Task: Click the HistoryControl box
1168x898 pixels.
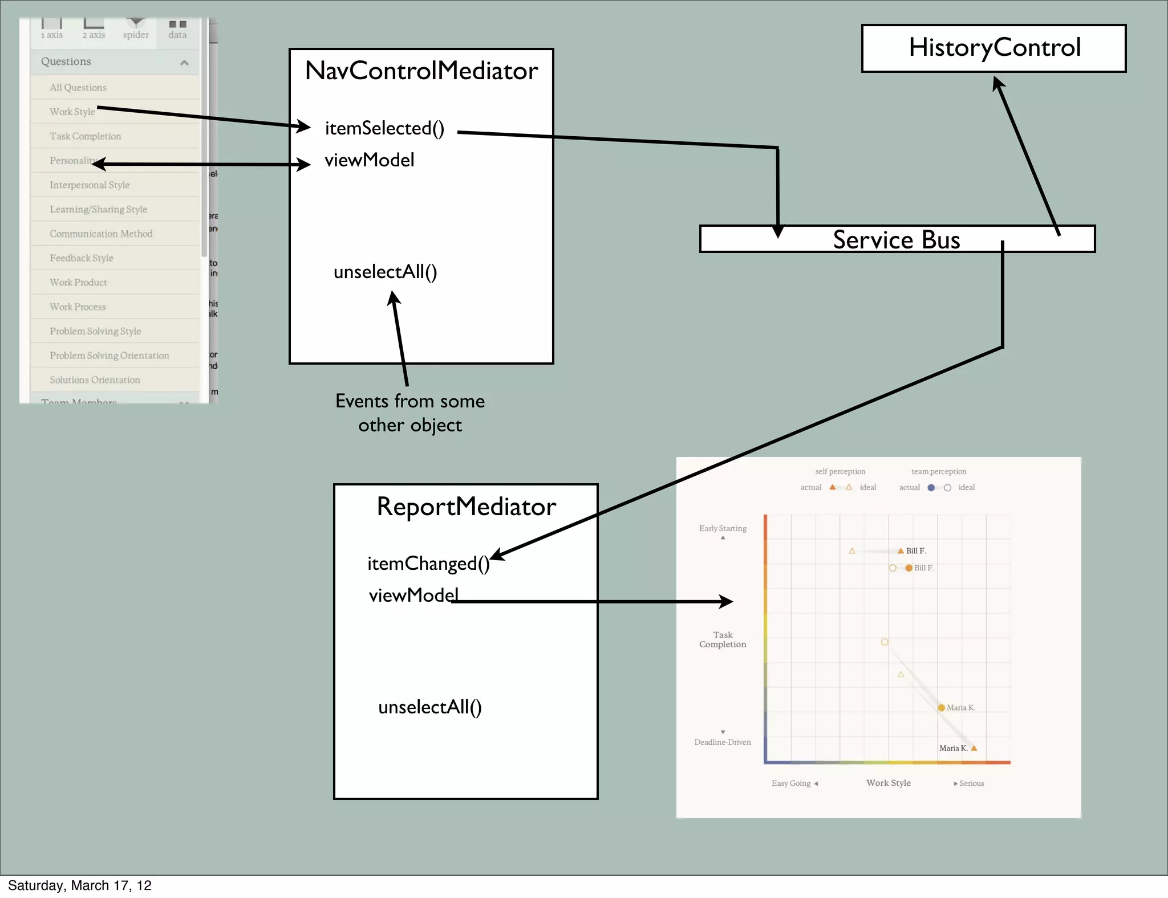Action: pyautogui.click(x=993, y=48)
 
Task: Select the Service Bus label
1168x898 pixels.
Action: pyautogui.click(x=897, y=239)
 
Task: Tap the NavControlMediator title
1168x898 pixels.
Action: pyautogui.click(x=421, y=71)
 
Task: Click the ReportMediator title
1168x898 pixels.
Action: pyautogui.click(x=466, y=507)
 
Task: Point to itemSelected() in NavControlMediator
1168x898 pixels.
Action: pyautogui.click(x=384, y=128)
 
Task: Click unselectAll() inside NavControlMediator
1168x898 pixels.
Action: pyautogui.click(x=386, y=272)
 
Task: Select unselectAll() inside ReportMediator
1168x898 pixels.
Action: pyautogui.click(x=430, y=707)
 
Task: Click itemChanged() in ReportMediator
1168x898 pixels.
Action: pyautogui.click(x=428, y=564)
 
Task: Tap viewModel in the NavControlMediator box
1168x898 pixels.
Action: pyautogui.click(x=370, y=160)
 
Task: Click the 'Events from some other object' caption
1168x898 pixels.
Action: pyautogui.click(x=410, y=413)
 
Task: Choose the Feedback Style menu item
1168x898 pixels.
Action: pyautogui.click(x=82, y=258)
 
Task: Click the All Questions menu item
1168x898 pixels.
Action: pyautogui.click(x=78, y=87)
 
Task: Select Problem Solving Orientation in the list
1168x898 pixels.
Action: pyautogui.click(x=109, y=356)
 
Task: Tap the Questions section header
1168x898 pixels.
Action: pyautogui.click(x=66, y=62)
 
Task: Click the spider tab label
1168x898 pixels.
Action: pyautogui.click(x=136, y=35)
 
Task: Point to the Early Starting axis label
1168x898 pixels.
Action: pyautogui.click(x=723, y=528)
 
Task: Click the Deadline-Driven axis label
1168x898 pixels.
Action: pyautogui.click(x=723, y=742)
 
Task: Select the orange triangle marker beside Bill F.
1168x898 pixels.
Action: pyautogui.click(x=901, y=551)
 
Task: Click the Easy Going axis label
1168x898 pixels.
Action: pyautogui.click(x=791, y=783)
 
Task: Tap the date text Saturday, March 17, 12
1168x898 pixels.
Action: pyautogui.click(x=80, y=885)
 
